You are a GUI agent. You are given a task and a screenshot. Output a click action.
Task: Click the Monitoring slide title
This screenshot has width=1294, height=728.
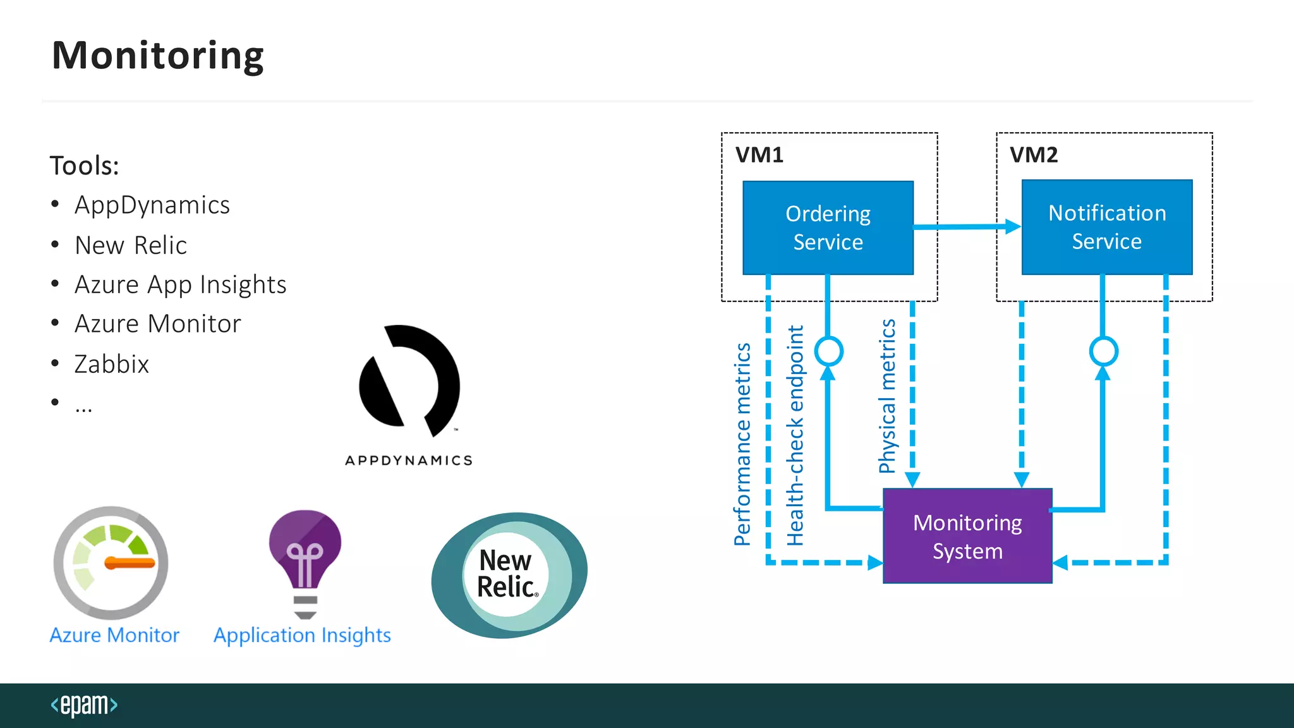[157, 56]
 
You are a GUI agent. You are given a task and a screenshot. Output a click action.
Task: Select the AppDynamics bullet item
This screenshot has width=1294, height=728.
[152, 205]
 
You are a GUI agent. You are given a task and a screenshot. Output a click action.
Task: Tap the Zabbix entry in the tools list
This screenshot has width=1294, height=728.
[111, 364]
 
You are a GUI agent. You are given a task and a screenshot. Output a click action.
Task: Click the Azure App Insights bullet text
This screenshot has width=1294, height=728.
[180, 285]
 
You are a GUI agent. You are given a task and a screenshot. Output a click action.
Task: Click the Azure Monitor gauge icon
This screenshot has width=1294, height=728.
[111, 562]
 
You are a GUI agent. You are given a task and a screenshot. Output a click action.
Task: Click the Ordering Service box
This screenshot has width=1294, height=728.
[828, 227]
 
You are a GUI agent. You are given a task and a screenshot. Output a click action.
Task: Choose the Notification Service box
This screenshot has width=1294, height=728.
[1106, 227]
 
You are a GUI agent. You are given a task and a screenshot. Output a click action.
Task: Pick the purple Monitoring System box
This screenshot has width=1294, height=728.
[967, 536]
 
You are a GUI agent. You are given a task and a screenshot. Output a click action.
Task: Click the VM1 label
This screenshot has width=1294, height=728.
[759, 155]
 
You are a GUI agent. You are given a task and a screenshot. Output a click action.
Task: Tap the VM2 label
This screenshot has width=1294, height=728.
[1034, 155]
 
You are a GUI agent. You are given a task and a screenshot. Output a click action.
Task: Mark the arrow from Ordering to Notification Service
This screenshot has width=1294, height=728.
[967, 226]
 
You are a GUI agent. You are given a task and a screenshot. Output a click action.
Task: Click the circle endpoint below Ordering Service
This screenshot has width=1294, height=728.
[828, 351]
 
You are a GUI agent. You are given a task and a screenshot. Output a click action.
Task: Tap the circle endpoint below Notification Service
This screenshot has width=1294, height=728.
[1103, 351]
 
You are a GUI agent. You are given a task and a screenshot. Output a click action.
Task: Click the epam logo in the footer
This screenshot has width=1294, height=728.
[84, 705]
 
